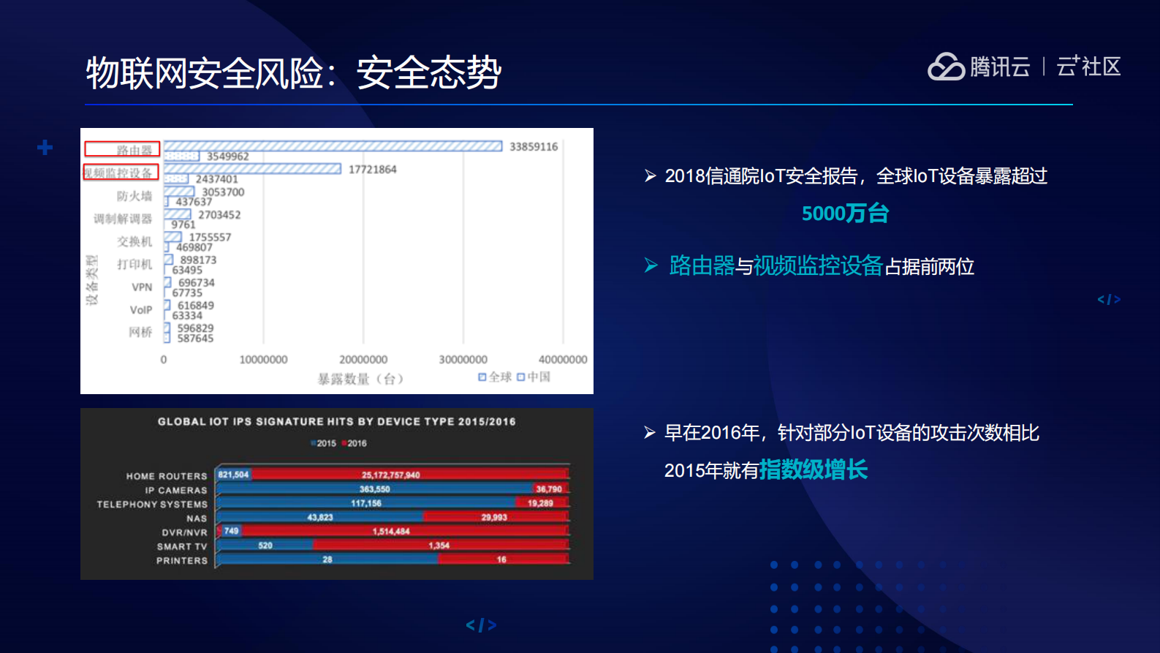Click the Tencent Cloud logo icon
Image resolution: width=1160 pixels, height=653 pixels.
point(947,67)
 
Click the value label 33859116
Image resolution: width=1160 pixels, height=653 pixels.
point(534,147)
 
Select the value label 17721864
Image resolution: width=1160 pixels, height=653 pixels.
point(372,170)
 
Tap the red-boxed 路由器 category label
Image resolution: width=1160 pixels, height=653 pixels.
point(122,150)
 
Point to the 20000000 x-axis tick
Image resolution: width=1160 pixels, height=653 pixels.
point(363,360)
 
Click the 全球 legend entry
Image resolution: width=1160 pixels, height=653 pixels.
point(496,377)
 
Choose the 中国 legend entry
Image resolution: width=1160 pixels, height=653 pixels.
point(534,377)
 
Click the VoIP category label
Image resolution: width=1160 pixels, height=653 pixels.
point(141,310)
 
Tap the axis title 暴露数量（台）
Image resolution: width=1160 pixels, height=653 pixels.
point(360,379)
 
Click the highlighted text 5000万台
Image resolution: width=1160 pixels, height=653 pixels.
point(845,214)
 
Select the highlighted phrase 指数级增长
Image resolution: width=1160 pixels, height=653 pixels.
point(813,469)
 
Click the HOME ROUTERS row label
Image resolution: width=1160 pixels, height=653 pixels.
point(167,476)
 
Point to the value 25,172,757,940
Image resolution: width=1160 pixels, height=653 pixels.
point(390,475)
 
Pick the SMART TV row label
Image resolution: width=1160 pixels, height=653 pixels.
point(182,546)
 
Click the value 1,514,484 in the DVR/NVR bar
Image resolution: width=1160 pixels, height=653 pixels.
point(391,532)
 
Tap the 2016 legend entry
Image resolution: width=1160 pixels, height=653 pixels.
point(355,443)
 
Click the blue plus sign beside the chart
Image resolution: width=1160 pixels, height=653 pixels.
point(45,148)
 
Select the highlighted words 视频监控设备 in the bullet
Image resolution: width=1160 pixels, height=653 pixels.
point(818,266)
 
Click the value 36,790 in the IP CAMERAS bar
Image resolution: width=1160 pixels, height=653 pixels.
point(548,489)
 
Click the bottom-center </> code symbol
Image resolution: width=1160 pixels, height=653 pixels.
point(481,625)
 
